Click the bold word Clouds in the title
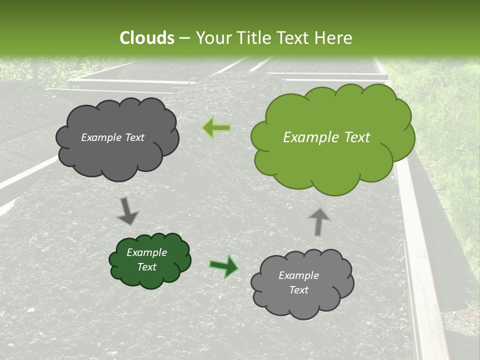point(147,38)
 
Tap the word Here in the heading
point(334,38)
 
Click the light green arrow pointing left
point(217,128)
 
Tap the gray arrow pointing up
point(319,221)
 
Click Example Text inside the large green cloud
point(326,137)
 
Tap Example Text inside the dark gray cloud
point(112,137)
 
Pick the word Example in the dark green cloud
point(146,252)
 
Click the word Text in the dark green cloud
point(146,267)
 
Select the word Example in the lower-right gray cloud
point(298,275)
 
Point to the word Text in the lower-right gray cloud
point(298,290)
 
